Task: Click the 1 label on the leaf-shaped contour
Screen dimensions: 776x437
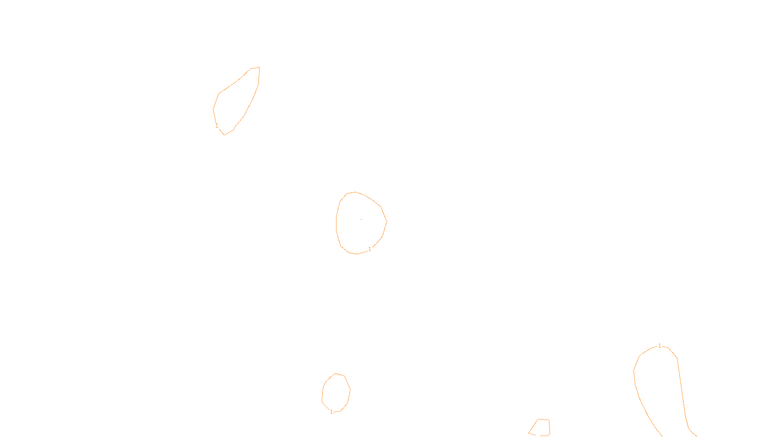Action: pyautogui.click(x=217, y=126)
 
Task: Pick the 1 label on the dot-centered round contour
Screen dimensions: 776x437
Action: pyautogui.click(x=370, y=249)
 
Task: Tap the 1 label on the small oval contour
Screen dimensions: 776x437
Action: pyautogui.click(x=331, y=412)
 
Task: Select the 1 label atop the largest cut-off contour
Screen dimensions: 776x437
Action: pyautogui.click(x=660, y=346)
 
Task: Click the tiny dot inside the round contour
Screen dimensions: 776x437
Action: pyautogui.click(x=361, y=219)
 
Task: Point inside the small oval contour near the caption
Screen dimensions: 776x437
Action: pyautogui.click(x=336, y=392)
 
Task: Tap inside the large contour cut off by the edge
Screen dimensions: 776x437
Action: pyautogui.click(x=660, y=388)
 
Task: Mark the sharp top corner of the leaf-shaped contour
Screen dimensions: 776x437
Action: pyautogui.click(x=259, y=67)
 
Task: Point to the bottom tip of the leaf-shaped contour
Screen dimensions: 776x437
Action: pyautogui.click(x=224, y=134)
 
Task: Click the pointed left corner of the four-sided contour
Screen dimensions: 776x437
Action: pyautogui.click(x=529, y=432)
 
